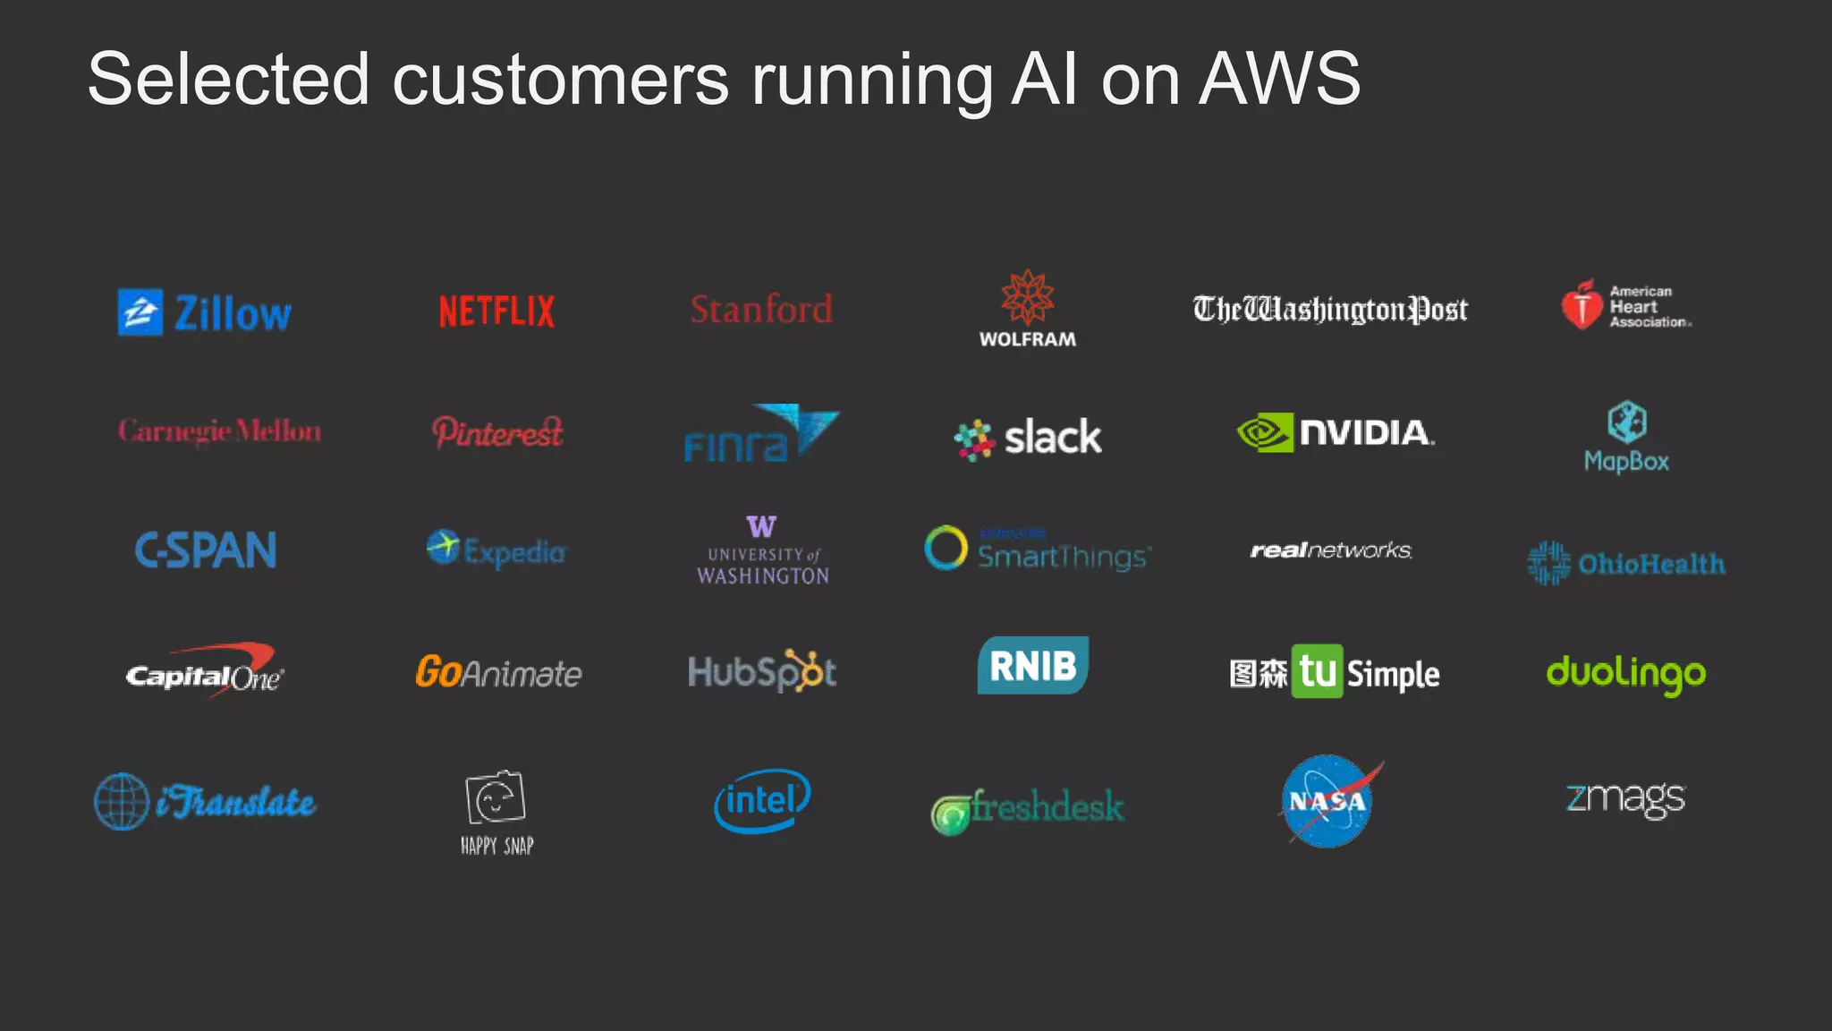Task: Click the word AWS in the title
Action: (x=1278, y=79)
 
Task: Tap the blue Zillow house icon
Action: (x=140, y=312)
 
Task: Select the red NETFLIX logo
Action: (x=496, y=311)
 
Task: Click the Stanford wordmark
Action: (x=761, y=310)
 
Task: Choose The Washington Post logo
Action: (x=1329, y=310)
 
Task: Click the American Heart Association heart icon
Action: (x=1582, y=305)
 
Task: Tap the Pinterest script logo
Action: (x=497, y=432)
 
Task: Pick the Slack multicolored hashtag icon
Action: (x=974, y=439)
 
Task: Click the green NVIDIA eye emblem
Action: (x=1265, y=432)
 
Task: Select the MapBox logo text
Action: (x=1626, y=462)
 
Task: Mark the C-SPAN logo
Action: (x=206, y=550)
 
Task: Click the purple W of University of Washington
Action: (x=761, y=526)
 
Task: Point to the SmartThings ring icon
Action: (x=946, y=548)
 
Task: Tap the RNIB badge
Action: (x=1032, y=665)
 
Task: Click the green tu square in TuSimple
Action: (x=1317, y=671)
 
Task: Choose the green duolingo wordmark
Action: (x=1625, y=673)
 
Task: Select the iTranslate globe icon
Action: (x=122, y=801)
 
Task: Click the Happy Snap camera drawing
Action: (x=496, y=797)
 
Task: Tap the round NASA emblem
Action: (x=1327, y=801)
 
